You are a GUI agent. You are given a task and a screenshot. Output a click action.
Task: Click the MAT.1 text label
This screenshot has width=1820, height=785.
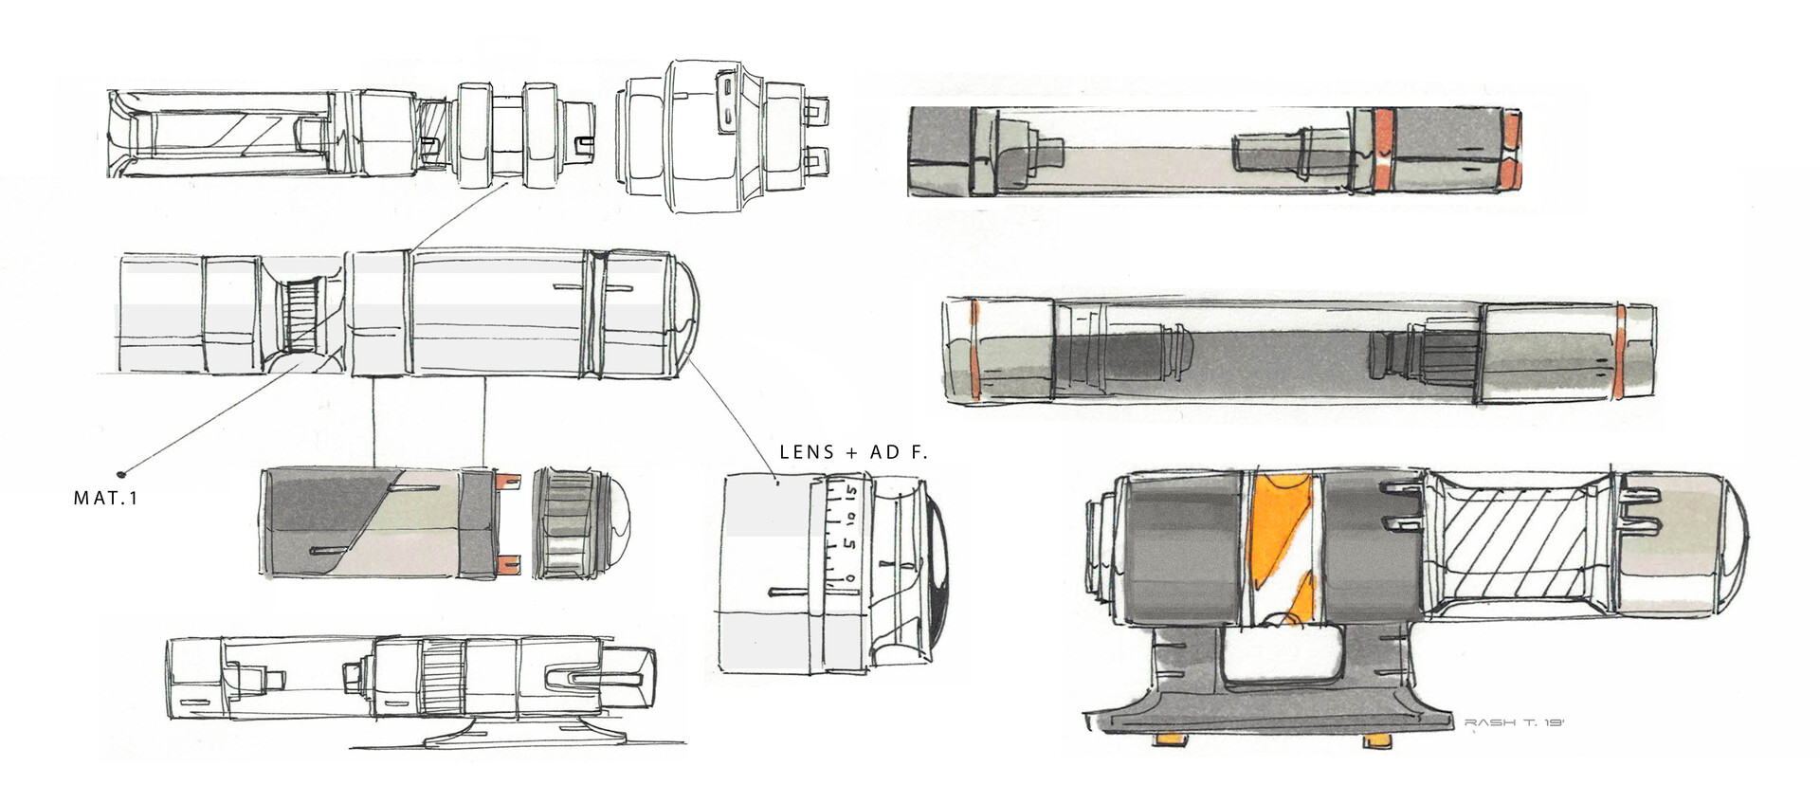105,498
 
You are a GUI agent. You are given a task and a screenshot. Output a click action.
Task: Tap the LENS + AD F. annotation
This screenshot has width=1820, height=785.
853,452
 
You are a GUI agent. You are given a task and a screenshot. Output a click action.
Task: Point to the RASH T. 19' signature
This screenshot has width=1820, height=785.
1514,722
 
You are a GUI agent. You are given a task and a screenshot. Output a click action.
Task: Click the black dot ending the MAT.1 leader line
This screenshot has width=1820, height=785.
121,472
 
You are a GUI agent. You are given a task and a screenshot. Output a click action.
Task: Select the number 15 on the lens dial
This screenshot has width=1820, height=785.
851,493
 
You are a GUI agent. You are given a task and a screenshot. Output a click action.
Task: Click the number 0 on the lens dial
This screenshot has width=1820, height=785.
850,577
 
